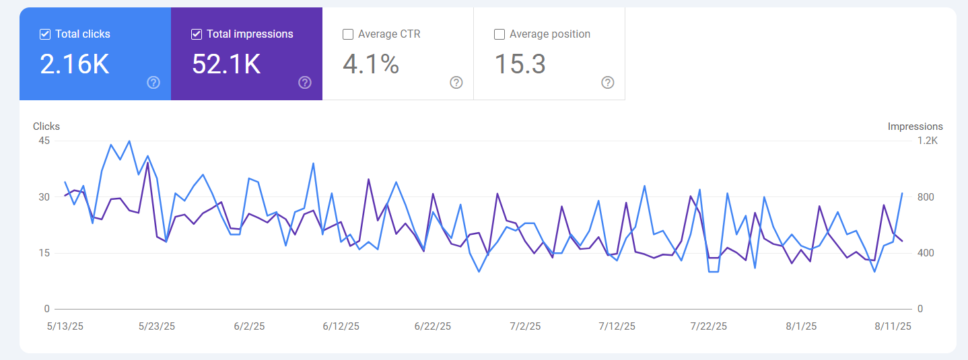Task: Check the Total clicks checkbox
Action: pos(45,34)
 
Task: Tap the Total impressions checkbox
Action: pos(196,34)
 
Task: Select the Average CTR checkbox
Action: pos(348,34)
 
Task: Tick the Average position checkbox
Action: pos(499,34)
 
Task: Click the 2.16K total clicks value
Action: pos(74,64)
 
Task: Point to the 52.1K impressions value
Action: pos(226,64)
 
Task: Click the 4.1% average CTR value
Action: pos(371,64)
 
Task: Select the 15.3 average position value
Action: pos(520,64)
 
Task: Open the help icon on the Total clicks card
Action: pos(153,83)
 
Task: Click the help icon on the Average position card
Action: pos(608,83)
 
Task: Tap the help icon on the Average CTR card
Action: pos(456,83)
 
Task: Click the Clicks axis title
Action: pos(46,127)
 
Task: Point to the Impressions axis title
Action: pos(915,127)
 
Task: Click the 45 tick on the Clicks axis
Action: pos(44,141)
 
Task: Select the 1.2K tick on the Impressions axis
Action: pos(928,141)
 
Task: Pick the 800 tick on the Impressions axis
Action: pos(926,197)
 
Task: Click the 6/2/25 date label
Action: pos(249,326)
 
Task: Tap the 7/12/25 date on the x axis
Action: pos(617,326)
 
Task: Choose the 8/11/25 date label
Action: pos(893,326)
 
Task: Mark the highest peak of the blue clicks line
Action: pos(129,141)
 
